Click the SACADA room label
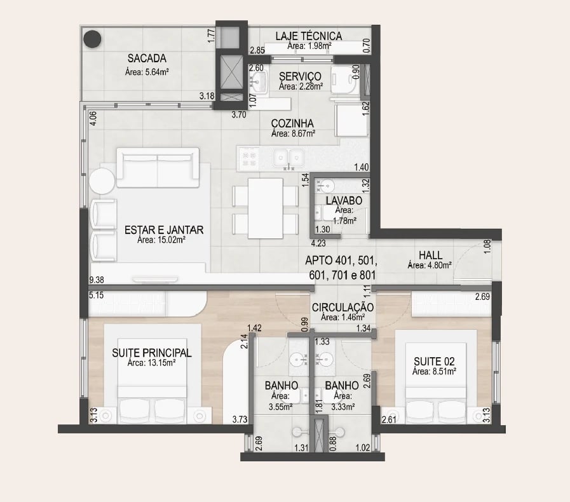tap(147, 58)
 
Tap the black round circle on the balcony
tap(92, 39)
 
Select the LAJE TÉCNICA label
tap(309, 36)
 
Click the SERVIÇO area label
tap(301, 76)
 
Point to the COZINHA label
tap(292, 123)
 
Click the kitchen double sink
tap(288, 158)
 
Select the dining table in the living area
tap(266, 208)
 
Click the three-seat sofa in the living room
tap(158, 168)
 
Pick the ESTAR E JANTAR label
tap(164, 230)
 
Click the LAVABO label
tap(344, 201)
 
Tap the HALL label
tap(430, 255)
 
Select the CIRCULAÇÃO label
tap(343, 308)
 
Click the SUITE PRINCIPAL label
tap(152, 353)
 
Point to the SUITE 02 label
tap(434, 362)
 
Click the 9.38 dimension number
tap(97, 280)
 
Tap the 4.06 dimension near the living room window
tap(93, 118)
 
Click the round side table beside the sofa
tap(102, 181)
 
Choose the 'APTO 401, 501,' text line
tap(341, 261)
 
